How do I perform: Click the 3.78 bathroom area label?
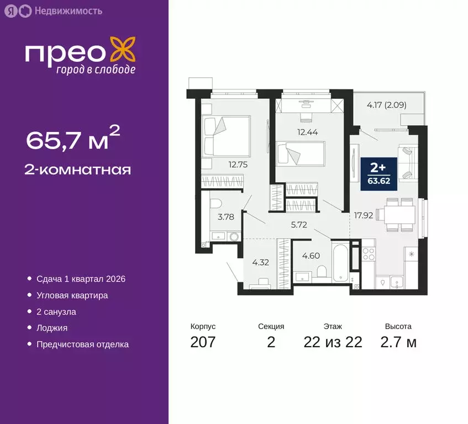(225, 217)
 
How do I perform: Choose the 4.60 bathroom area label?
(311, 255)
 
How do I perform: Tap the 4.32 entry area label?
(260, 262)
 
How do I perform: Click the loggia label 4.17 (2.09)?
(387, 104)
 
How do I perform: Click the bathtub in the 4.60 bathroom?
(339, 262)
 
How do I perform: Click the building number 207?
(203, 342)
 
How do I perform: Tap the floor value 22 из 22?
(333, 342)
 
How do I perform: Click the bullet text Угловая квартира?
(72, 295)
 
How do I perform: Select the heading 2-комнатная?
(78, 169)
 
